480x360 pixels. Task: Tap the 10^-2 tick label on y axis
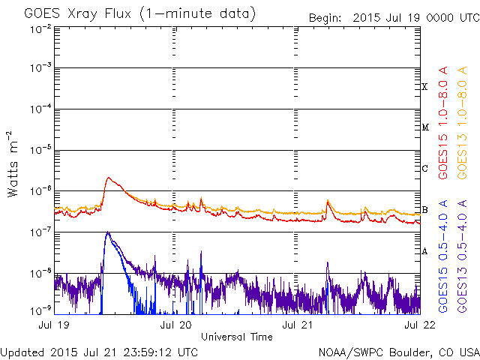click(x=40, y=28)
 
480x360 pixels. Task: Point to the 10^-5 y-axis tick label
click(x=40, y=150)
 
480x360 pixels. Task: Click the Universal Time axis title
click(x=236, y=337)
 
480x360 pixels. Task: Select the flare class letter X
click(x=424, y=87)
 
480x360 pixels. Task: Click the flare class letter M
click(x=424, y=127)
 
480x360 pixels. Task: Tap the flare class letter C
click(x=424, y=169)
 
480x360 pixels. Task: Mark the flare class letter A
click(x=424, y=251)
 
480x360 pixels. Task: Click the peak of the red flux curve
click(x=109, y=178)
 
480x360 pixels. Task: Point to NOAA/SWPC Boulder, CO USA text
click(x=398, y=352)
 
